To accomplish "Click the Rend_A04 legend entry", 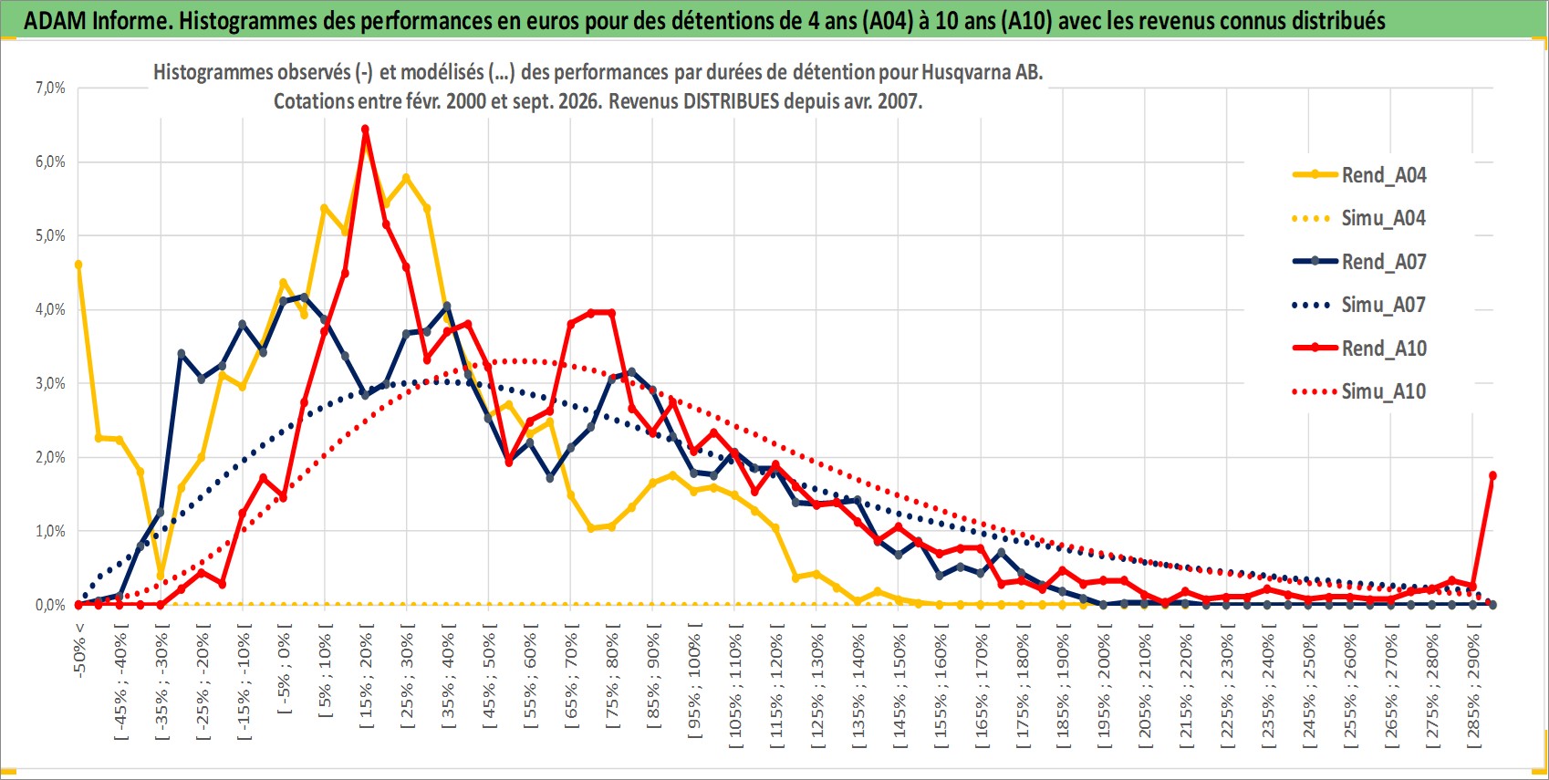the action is point(1359,175).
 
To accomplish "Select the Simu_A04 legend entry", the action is point(1359,219).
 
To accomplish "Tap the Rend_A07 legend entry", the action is point(1359,262).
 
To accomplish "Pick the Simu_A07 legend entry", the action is point(1359,305).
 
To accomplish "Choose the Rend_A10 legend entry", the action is point(1359,348).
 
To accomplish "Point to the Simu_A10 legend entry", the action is point(1359,391).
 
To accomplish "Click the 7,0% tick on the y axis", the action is point(50,88).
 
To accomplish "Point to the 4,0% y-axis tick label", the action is point(50,309).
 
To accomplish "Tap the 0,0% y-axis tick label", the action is point(50,605).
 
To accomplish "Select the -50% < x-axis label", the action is point(78,650).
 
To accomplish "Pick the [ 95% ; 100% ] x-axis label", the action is point(694,681).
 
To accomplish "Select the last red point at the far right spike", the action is point(1492,475).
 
